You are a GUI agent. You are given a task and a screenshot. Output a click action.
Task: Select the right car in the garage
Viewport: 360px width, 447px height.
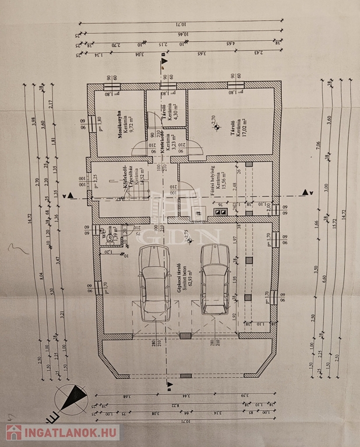pyautogui.click(x=215, y=278)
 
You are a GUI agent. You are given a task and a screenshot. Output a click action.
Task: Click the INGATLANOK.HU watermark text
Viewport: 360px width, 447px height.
pyautogui.click(x=70, y=432)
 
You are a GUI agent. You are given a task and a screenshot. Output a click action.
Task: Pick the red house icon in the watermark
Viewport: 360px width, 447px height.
pyautogui.click(x=14, y=432)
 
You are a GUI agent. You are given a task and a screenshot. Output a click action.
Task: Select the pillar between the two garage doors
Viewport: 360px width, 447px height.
pyautogui.click(x=185, y=335)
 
